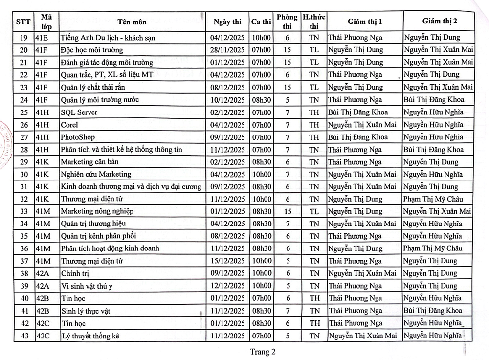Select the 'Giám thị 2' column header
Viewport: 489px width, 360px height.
(x=440, y=22)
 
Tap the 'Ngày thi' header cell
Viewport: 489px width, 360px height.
(x=227, y=22)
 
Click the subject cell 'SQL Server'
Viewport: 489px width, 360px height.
(x=79, y=112)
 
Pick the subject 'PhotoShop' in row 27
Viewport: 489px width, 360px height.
(x=78, y=137)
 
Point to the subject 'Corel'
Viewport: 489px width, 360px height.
(x=69, y=125)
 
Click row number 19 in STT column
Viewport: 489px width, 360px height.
(x=23, y=37)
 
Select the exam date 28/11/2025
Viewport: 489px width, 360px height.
(x=227, y=50)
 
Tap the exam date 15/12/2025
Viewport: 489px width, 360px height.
(x=227, y=261)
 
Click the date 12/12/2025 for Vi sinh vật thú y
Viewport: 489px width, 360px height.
(x=227, y=286)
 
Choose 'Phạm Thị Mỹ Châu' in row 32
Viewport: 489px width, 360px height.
(x=433, y=199)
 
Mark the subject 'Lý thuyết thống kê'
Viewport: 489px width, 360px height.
(x=90, y=336)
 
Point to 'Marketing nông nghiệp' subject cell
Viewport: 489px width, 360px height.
(x=97, y=211)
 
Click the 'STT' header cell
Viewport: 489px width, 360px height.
(x=23, y=22)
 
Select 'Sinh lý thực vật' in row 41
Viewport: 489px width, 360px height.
(x=86, y=311)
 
